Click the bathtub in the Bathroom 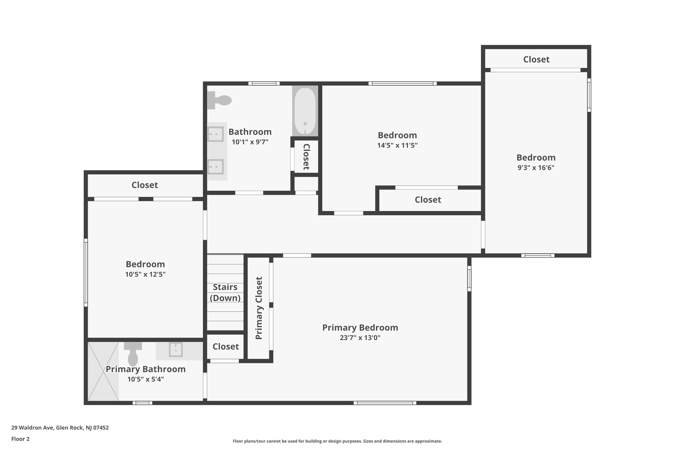(305, 111)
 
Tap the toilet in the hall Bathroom (220, 100)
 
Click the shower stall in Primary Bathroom (103, 371)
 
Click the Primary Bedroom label (360, 328)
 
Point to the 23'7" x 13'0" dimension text (360, 338)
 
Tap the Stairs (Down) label (225, 292)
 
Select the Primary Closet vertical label (259, 308)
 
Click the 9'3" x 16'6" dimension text (536, 167)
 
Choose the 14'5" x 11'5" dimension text (397, 145)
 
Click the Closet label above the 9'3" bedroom (536, 59)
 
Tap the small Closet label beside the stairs (225, 346)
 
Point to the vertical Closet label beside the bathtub (306, 157)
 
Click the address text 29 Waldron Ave (60, 428)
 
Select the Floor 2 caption (20, 439)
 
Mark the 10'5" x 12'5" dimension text (145, 274)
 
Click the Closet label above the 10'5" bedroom (145, 185)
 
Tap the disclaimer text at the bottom (337, 441)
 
